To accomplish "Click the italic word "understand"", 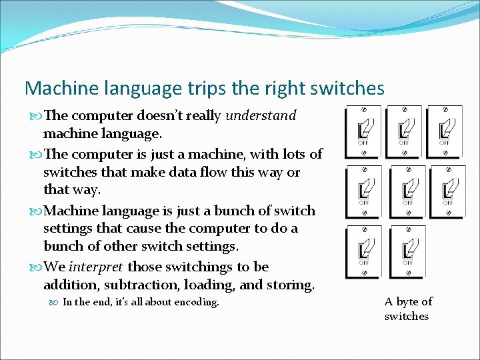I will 261,116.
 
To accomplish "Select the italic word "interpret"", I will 97,267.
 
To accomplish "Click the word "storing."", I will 289,285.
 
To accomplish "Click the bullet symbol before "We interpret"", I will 37,267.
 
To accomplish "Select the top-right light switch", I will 444,130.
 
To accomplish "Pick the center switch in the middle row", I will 407,191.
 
